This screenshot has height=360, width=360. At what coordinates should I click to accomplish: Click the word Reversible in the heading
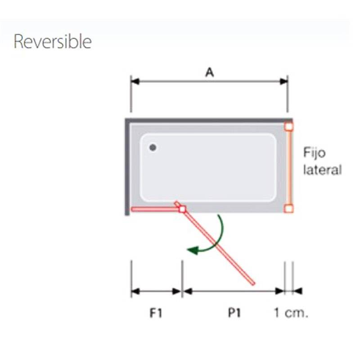pos(53,41)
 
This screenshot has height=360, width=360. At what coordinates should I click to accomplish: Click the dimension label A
pos(209,72)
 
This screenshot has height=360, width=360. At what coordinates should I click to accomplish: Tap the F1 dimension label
pos(156,313)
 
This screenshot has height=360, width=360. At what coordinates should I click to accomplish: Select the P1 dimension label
pos(234,313)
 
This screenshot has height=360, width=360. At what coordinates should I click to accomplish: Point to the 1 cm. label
pos(291,313)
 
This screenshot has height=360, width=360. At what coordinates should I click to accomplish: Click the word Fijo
pos(314,153)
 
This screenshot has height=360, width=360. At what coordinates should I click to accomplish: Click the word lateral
pos(322,170)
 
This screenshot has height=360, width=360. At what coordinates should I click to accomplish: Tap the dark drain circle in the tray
pos(153,148)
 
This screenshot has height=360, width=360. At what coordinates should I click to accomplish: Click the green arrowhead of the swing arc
pos(193,250)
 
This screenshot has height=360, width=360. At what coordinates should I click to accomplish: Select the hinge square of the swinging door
pos(183,209)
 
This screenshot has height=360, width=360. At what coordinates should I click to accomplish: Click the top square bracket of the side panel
pos(289,126)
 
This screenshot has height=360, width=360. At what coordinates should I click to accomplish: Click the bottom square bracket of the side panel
pos(289,208)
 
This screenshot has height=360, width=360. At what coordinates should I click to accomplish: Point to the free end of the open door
pos(253,284)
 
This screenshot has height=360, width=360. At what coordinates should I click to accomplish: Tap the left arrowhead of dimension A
pos(135,81)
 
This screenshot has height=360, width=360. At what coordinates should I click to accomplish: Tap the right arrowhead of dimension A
pos(283,81)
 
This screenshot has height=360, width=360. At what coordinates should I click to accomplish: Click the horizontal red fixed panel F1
pos(155,209)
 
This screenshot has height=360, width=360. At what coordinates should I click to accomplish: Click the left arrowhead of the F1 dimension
pos(135,292)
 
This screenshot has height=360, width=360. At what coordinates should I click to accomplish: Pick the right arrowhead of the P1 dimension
pos(280,292)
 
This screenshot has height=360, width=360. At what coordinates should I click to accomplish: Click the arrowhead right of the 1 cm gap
pos(298,292)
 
